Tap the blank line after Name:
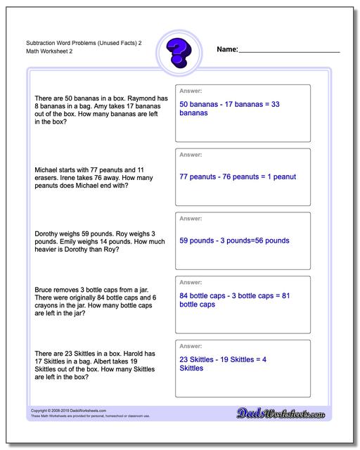coord(289,51)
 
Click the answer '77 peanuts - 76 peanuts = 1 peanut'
coord(238,176)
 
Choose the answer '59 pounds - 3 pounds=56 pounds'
coord(234,240)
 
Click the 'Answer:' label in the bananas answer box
coord(191,91)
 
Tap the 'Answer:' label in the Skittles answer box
coord(191,347)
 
